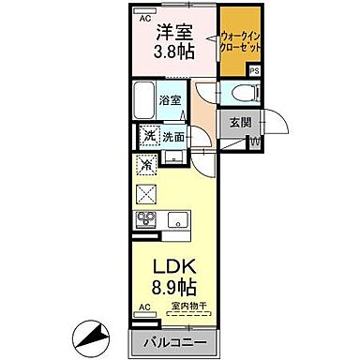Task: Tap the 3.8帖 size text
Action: pos(172,52)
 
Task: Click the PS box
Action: pos(254,71)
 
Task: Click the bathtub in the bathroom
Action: pos(144,98)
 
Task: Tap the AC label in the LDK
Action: pos(144,307)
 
